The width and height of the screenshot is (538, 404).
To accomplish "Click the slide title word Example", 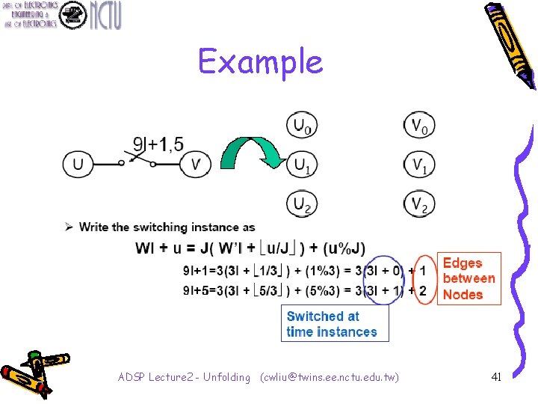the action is coord(261,61).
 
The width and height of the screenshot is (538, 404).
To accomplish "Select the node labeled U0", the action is coord(301,125).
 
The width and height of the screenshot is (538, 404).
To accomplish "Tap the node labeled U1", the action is coord(301,165).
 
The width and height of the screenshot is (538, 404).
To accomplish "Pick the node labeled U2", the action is coord(301,203).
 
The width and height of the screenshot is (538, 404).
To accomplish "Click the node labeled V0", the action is coord(418,125).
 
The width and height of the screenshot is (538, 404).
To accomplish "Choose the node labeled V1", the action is coord(418,165).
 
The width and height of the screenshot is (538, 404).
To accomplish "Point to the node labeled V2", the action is coord(418,203).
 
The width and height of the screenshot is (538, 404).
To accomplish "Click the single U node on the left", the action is coord(78,164).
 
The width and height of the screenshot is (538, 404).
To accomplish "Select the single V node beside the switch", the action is coord(196,164).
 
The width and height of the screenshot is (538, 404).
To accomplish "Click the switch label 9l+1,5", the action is coord(158,143).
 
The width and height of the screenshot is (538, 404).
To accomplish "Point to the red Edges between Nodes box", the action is coord(469,278).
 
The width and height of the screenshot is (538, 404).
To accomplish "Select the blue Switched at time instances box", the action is coord(334,324).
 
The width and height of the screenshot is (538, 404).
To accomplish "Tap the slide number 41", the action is coord(495,377).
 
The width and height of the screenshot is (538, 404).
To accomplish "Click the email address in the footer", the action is coord(329,377).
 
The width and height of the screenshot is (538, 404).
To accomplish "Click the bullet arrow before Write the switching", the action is coord(69,227).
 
